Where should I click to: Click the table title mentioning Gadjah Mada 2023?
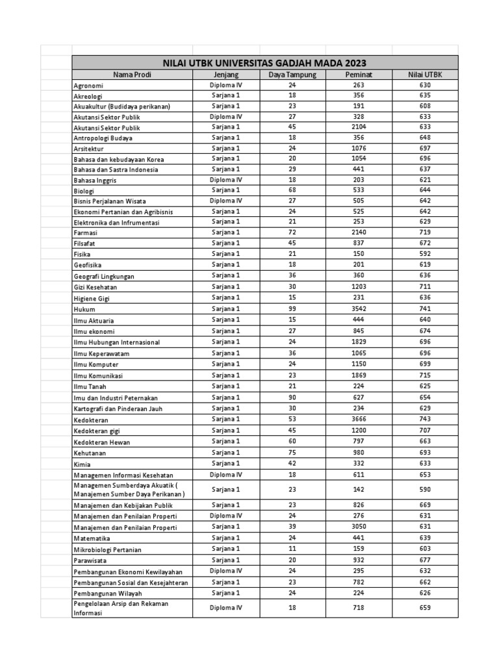point(264,63)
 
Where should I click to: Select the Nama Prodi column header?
point(132,75)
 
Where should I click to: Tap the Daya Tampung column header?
point(292,75)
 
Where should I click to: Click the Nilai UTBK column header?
point(425,75)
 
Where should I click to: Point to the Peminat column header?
point(359,75)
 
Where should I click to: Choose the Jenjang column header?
point(225,75)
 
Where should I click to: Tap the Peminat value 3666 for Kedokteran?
point(359,420)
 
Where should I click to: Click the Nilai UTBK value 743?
point(425,420)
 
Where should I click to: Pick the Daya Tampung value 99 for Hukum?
point(292,309)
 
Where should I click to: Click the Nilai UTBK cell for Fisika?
point(425,254)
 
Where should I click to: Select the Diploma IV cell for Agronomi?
point(225,85)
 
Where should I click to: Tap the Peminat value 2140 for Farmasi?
point(359,232)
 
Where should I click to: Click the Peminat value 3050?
point(359,527)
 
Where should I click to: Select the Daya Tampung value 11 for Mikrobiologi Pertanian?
point(292,549)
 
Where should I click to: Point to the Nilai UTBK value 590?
point(425,488)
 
